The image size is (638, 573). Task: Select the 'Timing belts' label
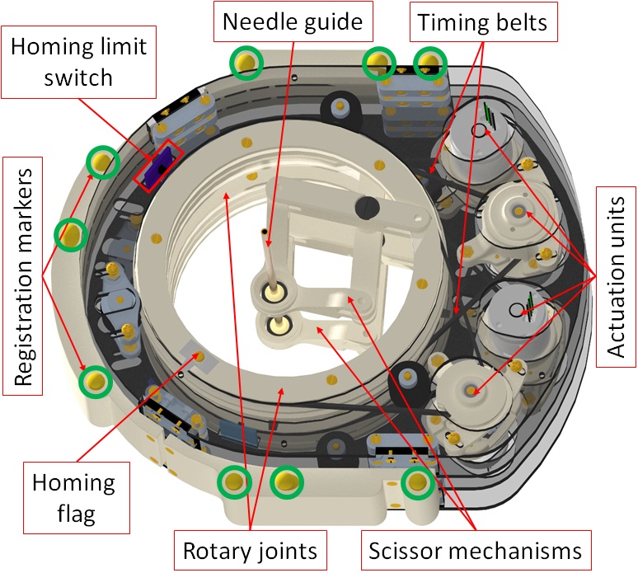482,22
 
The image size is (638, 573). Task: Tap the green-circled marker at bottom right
418,483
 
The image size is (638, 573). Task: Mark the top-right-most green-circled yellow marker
429,62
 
